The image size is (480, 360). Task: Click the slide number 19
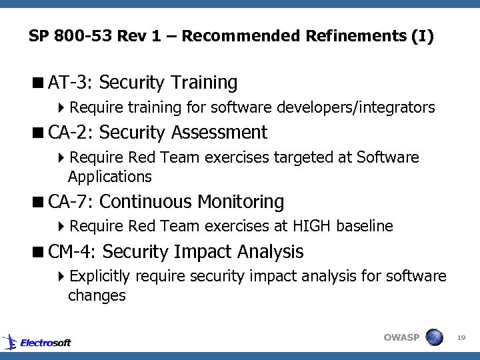point(461,339)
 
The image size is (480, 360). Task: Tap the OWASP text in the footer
point(401,337)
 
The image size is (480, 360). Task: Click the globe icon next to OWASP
point(434,337)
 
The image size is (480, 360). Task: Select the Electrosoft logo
point(37,342)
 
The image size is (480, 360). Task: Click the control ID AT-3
point(73,83)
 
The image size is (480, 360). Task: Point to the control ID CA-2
point(73,133)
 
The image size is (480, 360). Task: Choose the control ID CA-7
point(73,201)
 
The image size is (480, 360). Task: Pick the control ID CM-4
point(73,252)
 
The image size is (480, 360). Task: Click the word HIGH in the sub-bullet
point(314,227)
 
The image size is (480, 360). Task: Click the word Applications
point(109,177)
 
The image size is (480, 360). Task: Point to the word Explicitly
point(101,276)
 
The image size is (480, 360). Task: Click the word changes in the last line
point(97,295)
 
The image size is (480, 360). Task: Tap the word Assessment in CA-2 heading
point(219,133)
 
